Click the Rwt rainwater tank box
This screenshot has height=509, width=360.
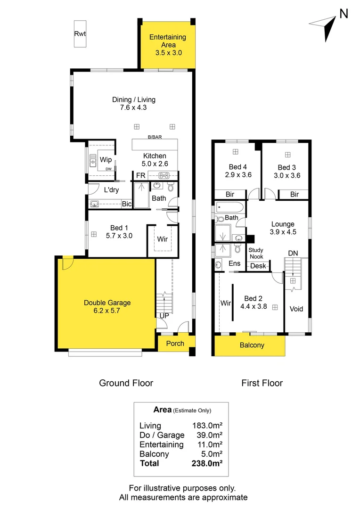point(80,33)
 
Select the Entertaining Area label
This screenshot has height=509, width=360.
point(167,37)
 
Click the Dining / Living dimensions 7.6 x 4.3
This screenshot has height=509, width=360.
point(133,107)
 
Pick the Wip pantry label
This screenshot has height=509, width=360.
point(106,159)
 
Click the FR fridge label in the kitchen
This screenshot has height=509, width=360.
point(140,175)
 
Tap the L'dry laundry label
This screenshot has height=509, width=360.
point(111,190)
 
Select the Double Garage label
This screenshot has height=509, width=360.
point(107,303)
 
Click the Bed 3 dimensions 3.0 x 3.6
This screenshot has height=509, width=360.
point(287,175)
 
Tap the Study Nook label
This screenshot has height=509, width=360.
point(256,253)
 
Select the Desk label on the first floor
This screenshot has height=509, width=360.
point(258,266)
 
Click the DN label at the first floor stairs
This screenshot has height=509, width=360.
point(293,254)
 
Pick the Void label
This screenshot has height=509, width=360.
point(296,309)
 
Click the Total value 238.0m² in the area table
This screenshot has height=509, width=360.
point(207,463)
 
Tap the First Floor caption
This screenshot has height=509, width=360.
point(262,383)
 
